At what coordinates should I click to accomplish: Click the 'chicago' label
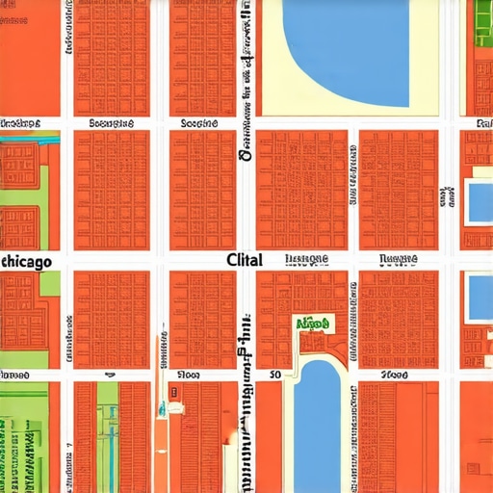tap(26, 261)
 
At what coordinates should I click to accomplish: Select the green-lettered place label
tap(314, 325)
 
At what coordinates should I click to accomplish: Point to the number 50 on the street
tap(275, 373)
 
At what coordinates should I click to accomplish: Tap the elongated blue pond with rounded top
tap(318, 424)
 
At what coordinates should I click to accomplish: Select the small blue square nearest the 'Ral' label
tap(479, 200)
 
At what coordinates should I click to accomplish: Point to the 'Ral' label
tap(483, 124)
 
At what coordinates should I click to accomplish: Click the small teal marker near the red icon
tap(176, 408)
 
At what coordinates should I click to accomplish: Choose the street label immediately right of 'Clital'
tap(307, 260)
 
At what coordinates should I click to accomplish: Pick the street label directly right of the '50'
tap(394, 374)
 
